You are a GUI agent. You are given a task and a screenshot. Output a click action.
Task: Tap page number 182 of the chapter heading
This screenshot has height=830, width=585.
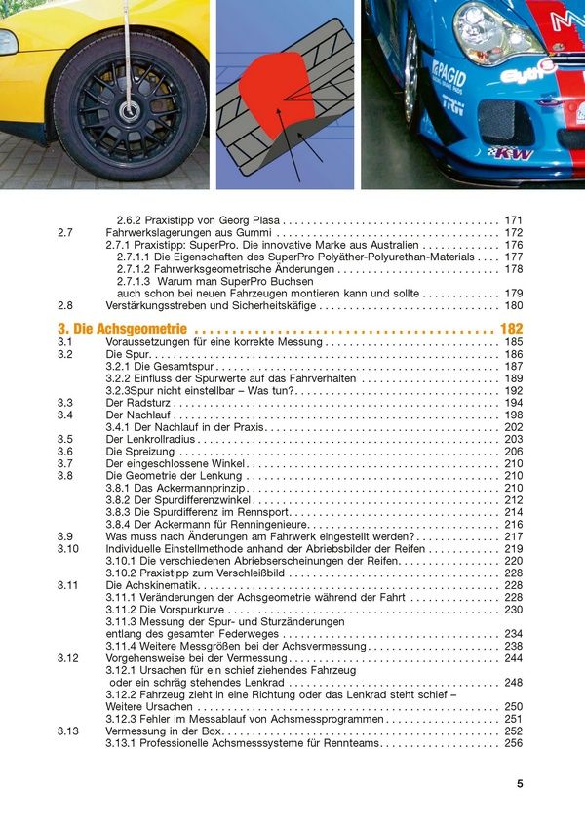pos(511,329)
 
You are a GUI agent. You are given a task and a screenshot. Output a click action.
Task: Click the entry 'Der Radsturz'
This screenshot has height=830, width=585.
pos(138,403)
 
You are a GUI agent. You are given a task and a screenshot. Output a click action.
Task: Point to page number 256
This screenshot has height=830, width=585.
pos(514,743)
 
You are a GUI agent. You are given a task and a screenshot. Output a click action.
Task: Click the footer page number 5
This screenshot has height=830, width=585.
pos(520,783)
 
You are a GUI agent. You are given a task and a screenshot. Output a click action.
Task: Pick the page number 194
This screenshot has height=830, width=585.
pos(514,403)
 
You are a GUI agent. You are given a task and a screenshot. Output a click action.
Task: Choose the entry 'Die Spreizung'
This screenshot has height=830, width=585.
pos(139,452)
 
